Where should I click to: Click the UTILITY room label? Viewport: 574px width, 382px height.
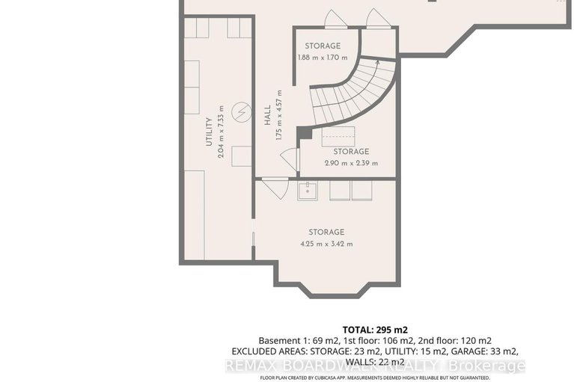click(210, 132)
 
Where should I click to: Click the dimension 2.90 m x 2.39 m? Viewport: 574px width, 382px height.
click(352, 163)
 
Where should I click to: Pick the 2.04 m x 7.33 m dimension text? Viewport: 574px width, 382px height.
click(222, 130)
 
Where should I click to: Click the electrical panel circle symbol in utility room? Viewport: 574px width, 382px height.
click(240, 114)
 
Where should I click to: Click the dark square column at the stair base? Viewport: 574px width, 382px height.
click(303, 133)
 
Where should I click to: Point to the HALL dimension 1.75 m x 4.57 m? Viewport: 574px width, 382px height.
click(278, 115)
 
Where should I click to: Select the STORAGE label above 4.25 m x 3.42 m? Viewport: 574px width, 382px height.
click(326, 232)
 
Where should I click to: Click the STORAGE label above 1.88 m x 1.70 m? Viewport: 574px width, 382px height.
click(323, 46)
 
